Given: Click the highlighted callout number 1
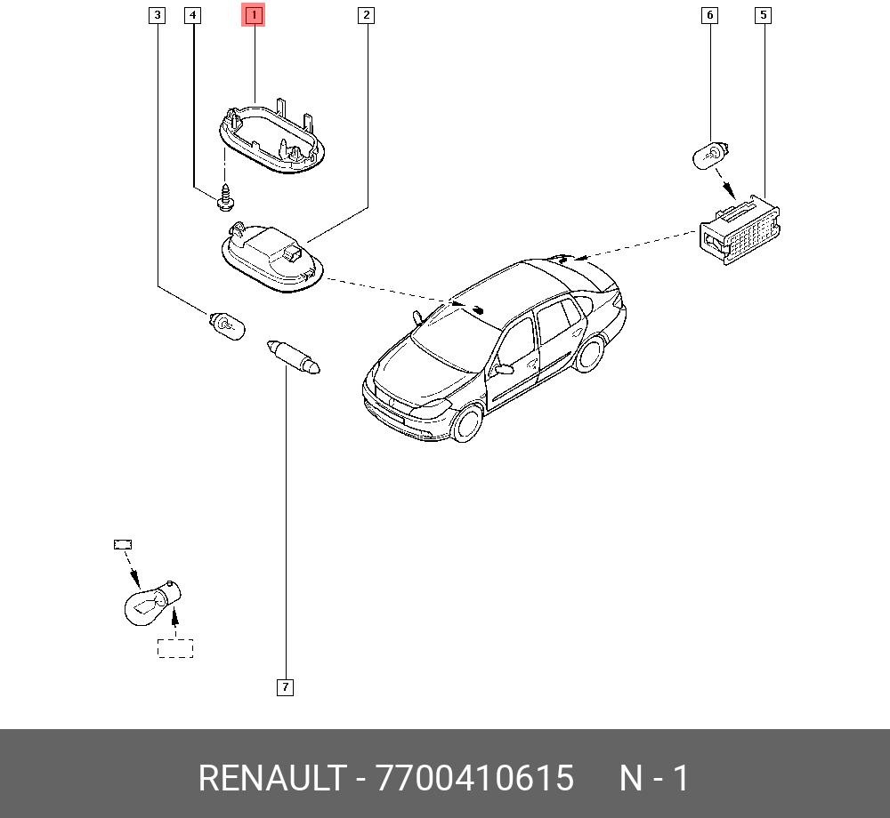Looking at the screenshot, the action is (253, 15).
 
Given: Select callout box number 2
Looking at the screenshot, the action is (366, 15).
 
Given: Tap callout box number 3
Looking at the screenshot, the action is (158, 15).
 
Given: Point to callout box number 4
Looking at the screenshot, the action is (193, 15).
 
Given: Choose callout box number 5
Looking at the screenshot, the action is (764, 15).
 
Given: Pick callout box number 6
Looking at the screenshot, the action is (709, 15).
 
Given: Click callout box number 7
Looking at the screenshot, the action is (285, 687).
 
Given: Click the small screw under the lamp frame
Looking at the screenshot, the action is (226, 196).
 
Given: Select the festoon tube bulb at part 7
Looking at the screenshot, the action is (294, 357).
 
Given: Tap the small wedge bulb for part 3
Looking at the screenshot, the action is (227, 326).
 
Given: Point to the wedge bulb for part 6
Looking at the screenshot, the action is (710, 156).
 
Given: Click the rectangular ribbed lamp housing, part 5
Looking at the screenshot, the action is (740, 230).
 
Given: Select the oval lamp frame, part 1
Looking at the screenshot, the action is (272, 137).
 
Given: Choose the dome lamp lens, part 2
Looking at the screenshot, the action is (271, 258).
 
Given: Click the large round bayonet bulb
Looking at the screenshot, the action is (152, 604).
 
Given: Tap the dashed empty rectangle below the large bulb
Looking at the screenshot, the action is (175, 648).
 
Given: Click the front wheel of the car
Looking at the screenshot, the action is (468, 422).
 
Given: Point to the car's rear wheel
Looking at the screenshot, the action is (588, 354).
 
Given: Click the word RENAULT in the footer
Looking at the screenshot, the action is (271, 778).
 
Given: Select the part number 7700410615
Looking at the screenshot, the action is (475, 778).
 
